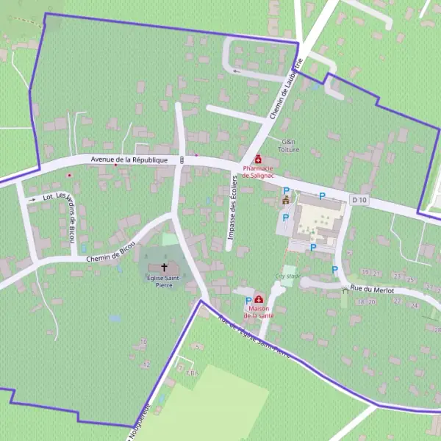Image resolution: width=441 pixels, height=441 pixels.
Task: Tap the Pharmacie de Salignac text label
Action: click(x=257, y=171)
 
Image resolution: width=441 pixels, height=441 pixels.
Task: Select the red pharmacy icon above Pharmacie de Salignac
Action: click(x=258, y=159)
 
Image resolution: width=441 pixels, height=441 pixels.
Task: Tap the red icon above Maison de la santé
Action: click(x=259, y=300)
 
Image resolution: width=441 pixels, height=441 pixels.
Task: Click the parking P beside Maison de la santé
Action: click(x=248, y=301)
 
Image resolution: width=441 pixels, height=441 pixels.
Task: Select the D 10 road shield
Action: click(x=359, y=200)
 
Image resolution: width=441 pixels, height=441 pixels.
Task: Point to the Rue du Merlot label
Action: click(x=373, y=290)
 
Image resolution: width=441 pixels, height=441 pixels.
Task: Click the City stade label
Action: click(x=288, y=276)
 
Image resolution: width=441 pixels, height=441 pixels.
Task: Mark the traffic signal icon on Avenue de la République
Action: click(x=182, y=159)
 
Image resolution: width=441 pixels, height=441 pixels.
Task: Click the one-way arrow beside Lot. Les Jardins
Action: click(x=32, y=199)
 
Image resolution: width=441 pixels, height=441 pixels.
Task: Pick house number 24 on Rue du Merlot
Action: click(x=415, y=305)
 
